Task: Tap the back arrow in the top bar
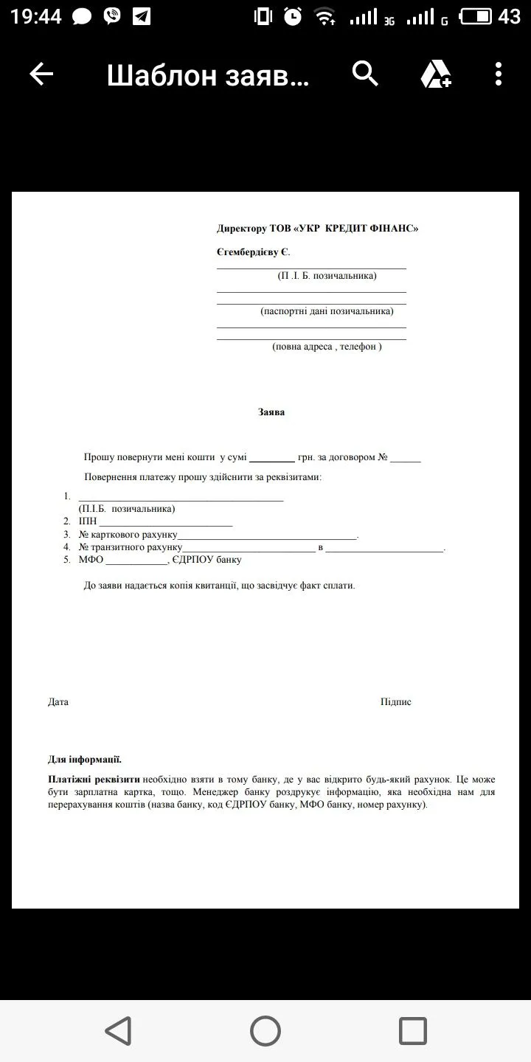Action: [41, 74]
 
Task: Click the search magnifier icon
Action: [365, 74]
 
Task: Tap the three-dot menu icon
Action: [499, 74]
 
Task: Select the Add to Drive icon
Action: [435, 74]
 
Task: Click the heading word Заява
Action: [271, 412]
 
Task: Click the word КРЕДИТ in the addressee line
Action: [351, 229]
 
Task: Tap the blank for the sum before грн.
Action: [272, 458]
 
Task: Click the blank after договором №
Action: [406, 459]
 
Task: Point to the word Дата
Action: [58, 702]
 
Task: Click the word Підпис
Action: [396, 702]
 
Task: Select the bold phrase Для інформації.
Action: [85, 760]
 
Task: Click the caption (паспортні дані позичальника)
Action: [327, 311]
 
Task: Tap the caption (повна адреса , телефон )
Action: [327, 347]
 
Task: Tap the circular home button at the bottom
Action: [265, 1030]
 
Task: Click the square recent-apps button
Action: [413, 1030]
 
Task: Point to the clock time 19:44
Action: [36, 16]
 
